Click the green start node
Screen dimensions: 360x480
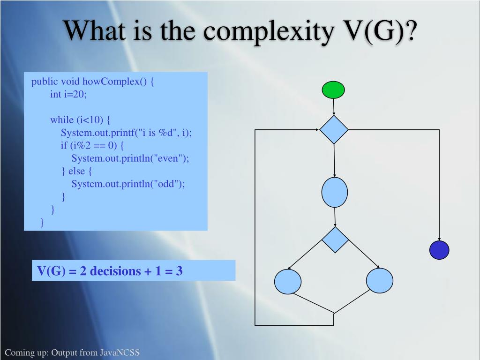pyautogui.click(x=333, y=90)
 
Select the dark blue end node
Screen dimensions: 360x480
pyautogui.click(x=439, y=250)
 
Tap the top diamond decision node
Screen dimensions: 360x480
pyautogui.click(x=334, y=130)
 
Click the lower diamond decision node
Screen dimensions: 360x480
pyautogui.click(x=335, y=240)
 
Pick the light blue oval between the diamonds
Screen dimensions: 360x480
pyautogui.click(x=335, y=193)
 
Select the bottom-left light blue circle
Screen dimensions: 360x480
pyautogui.click(x=288, y=282)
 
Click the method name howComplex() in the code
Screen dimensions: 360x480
pyautogui.click(x=119, y=82)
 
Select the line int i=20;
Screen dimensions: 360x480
pyautogui.click(x=69, y=94)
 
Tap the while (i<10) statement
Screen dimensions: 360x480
pyautogui.click(x=80, y=120)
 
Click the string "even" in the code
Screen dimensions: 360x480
pyautogui.click(x=172, y=158)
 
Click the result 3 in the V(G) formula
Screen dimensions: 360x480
pyautogui.click(x=179, y=271)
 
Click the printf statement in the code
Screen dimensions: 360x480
pyautogui.click(x=126, y=133)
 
